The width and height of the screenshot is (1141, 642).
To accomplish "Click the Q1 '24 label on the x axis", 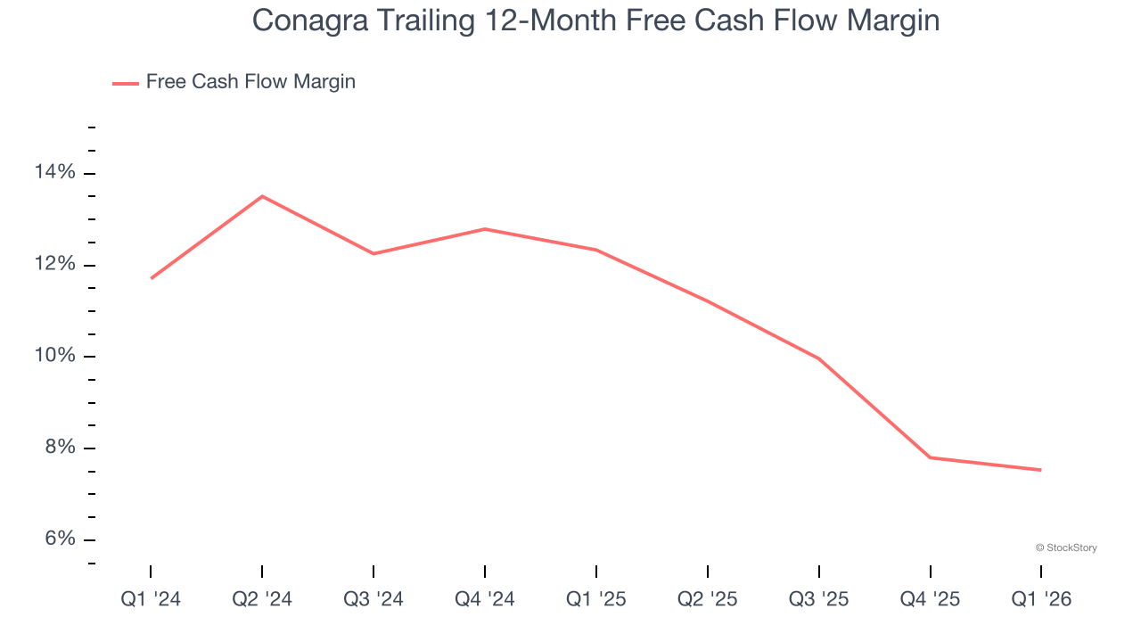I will pyautogui.click(x=151, y=599).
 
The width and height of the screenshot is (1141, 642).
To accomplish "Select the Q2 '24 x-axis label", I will pyautogui.click(x=262, y=599).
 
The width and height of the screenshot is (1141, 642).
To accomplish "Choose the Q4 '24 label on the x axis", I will pyautogui.click(x=485, y=599).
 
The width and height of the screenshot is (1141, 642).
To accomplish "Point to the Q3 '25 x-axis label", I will pyautogui.click(x=819, y=599).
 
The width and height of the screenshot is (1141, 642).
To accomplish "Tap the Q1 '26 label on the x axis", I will pyautogui.click(x=1041, y=599).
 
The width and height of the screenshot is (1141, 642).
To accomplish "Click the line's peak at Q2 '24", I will pyautogui.click(x=262, y=196).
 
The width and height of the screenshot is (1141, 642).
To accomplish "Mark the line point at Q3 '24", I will pyautogui.click(x=373, y=254).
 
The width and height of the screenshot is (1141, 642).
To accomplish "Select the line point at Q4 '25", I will pyautogui.click(x=931, y=457).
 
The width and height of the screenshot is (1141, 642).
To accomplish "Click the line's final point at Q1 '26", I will pyautogui.click(x=1041, y=470).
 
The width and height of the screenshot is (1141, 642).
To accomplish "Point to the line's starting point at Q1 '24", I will pyautogui.click(x=151, y=278).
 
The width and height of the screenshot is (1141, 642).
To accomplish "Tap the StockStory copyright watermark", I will pyautogui.click(x=1066, y=547).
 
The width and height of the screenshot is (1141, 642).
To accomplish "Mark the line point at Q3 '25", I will pyautogui.click(x=819, y=358).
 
